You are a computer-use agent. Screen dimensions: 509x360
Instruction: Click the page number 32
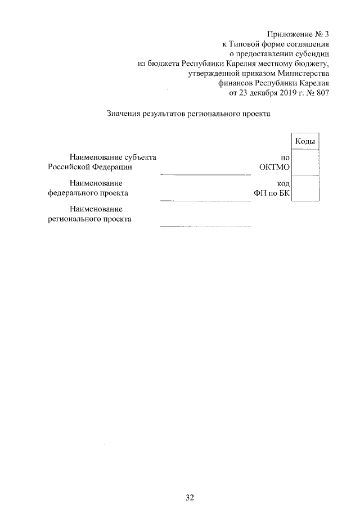click(x=190, y=497)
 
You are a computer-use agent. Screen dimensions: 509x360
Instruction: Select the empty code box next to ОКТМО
click(x=305, y=162)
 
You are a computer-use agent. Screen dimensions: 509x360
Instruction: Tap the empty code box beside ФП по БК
click(x=305, y=188)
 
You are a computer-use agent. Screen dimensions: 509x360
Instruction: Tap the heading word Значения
click(x=123, y=114)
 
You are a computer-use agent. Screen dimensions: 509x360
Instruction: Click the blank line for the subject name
click(x=205, y=174)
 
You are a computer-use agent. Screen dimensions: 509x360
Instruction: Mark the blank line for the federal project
click(x=205, y=200)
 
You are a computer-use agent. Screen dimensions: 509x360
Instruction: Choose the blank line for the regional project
click(x=205, y=226)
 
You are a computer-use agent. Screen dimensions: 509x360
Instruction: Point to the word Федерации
click(x=114, y=167)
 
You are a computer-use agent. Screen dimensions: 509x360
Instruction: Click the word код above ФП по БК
click(x=283, y=183)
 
